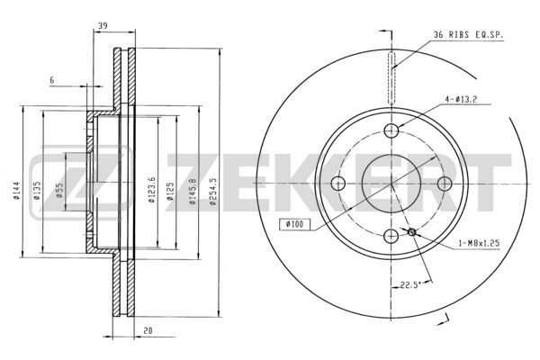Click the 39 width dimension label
click(103, 25)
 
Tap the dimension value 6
click(52, 80)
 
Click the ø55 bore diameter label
click(59, 190)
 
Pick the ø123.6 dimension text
click(152, 190)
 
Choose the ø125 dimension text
click(170, 191)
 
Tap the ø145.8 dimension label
click(193, 192)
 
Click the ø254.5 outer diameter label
click(212, 192)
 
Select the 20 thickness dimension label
click(148, 330)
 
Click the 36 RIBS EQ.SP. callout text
click(468, 35)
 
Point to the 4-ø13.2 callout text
click(461, 100)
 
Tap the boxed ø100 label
click(295, 225)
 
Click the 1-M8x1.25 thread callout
click(479, 243)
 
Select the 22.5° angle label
click(410, 285)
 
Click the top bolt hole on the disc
click(391, 130)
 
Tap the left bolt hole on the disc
click(338, 184)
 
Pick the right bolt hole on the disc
click(445, 184)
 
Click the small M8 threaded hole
click(412, 232)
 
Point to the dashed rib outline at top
click(391, 78)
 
